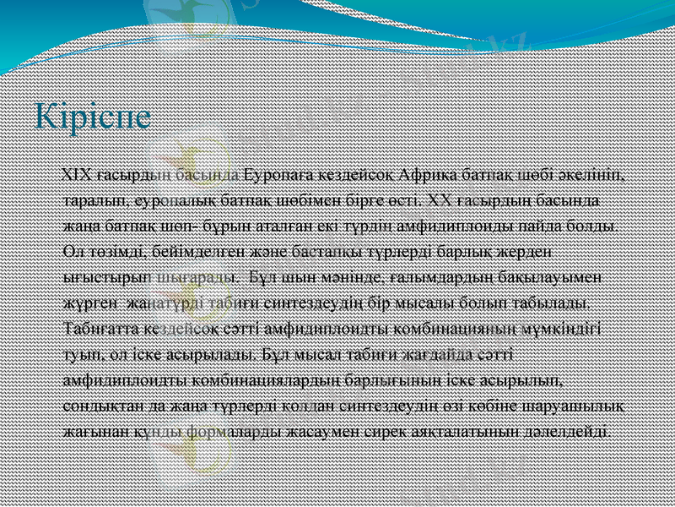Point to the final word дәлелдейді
[571, 429]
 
